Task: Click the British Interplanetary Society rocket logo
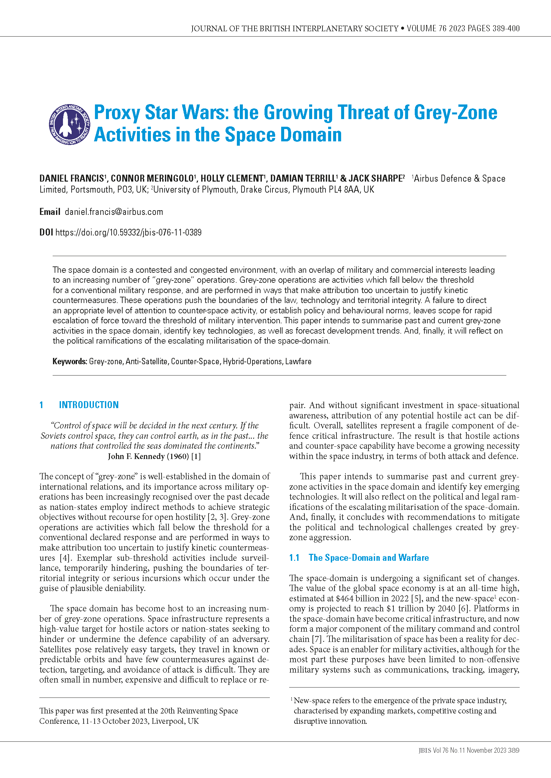70,124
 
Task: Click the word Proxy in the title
117,112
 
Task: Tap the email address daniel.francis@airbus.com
114,212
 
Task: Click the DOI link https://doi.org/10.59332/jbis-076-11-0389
128,233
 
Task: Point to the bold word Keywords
70,362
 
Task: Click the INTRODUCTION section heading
89,405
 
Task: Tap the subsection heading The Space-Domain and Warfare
368,558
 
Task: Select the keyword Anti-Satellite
147,362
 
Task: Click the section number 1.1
294,558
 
